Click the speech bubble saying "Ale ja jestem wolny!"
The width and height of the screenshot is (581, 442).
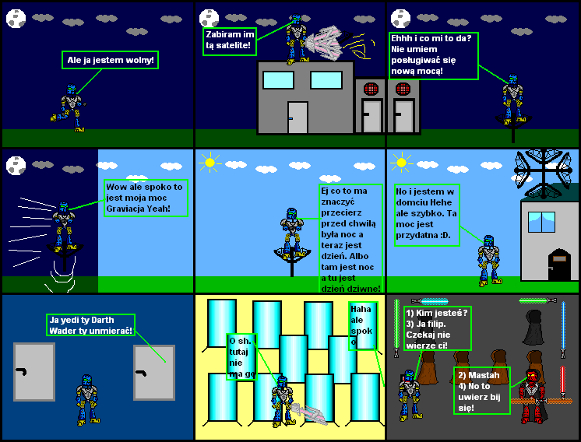[110, 60]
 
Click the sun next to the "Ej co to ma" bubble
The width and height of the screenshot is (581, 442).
[210, 163]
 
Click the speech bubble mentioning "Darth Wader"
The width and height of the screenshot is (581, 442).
[90, 324]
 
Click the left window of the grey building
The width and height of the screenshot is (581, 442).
[278, 80]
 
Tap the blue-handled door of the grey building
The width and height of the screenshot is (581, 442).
[298, 118]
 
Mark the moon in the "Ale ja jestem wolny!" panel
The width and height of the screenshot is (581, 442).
[16, 17]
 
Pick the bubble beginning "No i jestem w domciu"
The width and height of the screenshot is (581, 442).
[427, 215]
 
